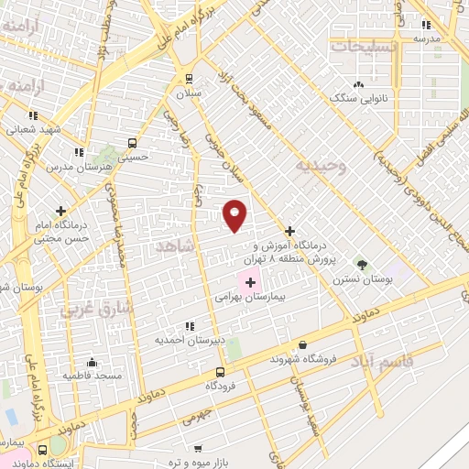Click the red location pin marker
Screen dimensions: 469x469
tap(235, 215)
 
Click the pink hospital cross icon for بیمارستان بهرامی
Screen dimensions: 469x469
tap(251, 282)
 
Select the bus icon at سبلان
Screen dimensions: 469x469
tap(189, 79)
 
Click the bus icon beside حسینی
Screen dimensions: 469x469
tap(132, 143)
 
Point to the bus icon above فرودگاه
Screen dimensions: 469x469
tap(220, 372)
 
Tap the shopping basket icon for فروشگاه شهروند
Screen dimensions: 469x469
tap(302, 345)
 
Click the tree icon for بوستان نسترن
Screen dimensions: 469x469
tap(362, 264)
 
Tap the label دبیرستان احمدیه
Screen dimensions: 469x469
tap(190, 339)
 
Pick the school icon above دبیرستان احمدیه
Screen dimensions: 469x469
tap(190, 325)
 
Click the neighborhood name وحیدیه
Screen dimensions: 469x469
tap(320, 166)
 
